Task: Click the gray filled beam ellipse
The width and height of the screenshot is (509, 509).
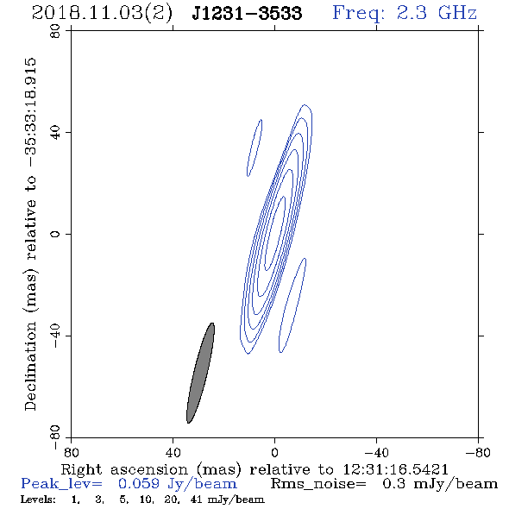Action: (x=200, y=373)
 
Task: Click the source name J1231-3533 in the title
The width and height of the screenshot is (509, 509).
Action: (x=247, y=13)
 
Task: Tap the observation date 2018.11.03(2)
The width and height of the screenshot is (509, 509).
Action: (x=102, y=14)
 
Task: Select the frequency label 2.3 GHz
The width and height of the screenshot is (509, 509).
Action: (x=437, y=13)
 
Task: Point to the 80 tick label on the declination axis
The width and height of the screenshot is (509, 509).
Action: (x=55, y=31)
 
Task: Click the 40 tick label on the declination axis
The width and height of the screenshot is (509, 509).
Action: (x=55, y=133)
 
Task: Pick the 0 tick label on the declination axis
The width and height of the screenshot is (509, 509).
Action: (x=55, y=234)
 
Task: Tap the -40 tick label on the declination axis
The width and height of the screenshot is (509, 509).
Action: (x=55, y=336)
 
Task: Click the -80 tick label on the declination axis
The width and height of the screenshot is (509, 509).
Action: (x=55, y=437)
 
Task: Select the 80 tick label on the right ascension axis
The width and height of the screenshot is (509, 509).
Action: (x=71, y=453)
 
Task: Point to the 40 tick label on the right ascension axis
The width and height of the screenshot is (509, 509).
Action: (x=173, y=453)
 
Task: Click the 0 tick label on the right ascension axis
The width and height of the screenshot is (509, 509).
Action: (x=274, y=453)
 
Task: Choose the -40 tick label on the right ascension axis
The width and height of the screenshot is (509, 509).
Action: (x=376, y=453)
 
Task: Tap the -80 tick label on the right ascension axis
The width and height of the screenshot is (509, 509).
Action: (x=478, y=453)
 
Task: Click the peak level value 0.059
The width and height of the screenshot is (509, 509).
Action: (x=139, y=484)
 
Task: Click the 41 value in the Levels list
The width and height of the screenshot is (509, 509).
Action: (x=197, y=500)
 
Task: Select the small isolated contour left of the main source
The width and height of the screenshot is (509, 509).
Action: (x=255, y=148)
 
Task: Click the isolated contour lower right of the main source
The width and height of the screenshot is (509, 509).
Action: (x=292, y=305)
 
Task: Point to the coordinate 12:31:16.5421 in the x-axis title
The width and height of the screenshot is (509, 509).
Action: (x=395, y=469)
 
